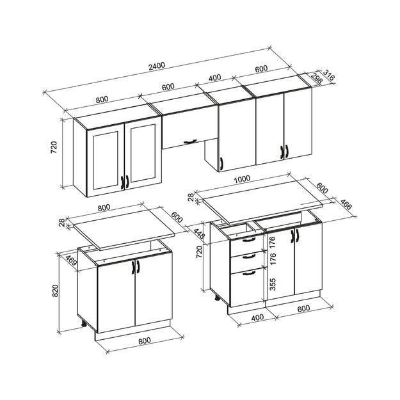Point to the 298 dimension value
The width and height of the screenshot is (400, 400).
(x=316, y=80)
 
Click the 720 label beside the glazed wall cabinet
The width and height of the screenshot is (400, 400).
(x=54, y=148)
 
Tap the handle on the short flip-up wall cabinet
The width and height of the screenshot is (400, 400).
(x=189, y=139)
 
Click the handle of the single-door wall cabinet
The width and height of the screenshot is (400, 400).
(x=220, y=164)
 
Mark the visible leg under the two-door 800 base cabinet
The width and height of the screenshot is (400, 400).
(x=84, y=324)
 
